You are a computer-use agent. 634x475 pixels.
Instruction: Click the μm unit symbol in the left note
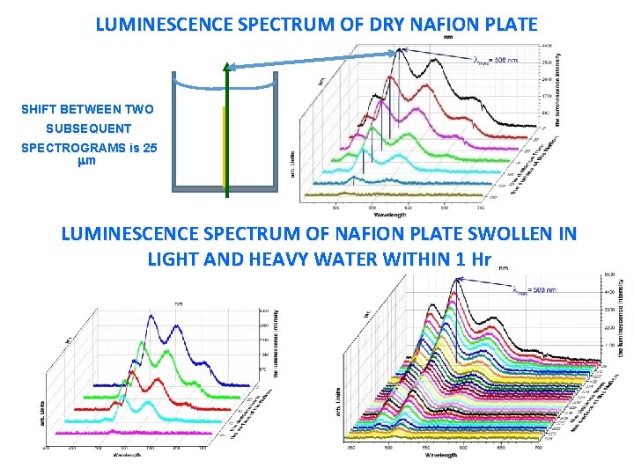click(x=87, y=162)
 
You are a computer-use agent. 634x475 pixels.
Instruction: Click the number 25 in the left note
click(x=151, y=148)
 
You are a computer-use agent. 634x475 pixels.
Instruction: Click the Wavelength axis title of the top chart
click(x=390, y=214)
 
